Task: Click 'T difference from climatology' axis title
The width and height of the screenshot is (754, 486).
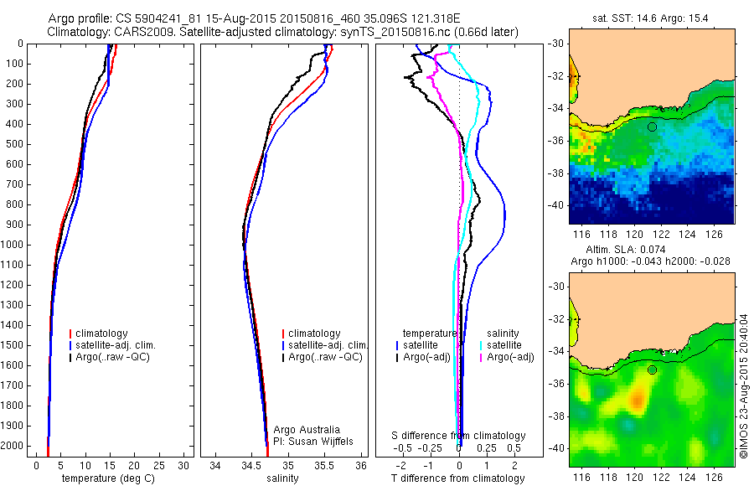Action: click(459, 478)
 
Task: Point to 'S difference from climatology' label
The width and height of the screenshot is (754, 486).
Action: click(459, 436)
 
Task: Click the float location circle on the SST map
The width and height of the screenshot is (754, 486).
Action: click(652, 127)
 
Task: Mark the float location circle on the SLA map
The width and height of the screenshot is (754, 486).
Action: click(652, 370)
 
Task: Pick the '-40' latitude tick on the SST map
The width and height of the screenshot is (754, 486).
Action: click(557, 205)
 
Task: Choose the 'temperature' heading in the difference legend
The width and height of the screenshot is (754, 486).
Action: click(430, 333)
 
